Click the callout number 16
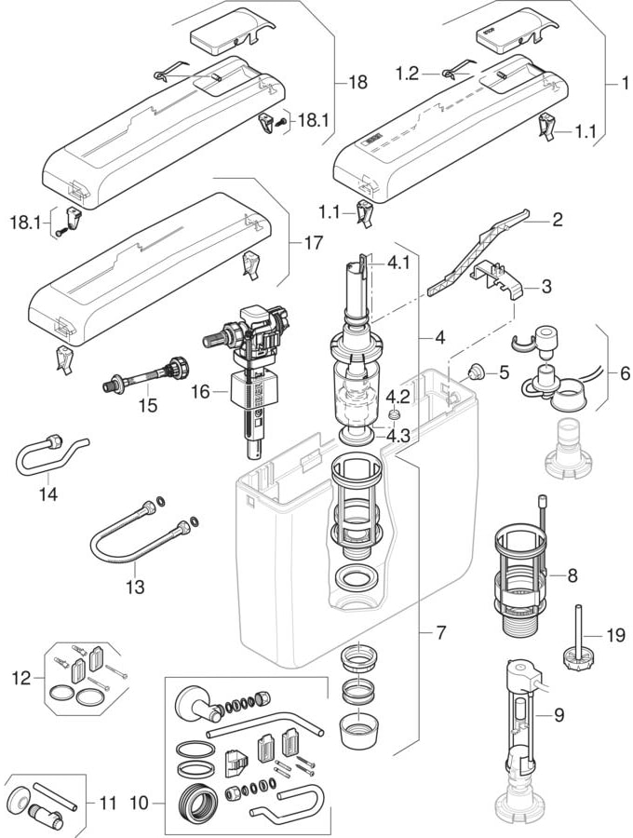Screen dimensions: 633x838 (x=201, y=392)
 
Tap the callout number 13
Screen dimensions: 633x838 (x=135, y=587)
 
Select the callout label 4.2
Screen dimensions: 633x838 (x=397, y=397)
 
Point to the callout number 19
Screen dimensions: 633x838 (x=615, y=635)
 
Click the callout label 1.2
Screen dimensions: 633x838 (x=407, y=74)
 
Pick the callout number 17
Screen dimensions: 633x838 (x=314, y=243)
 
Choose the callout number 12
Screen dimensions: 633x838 (x=22, y=678)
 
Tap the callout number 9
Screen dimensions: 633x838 (x=559, y=714)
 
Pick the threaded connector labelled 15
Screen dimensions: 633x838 (x=146, y=374)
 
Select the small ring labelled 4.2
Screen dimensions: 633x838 (x=394, y=415)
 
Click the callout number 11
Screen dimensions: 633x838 (x=107, y=803)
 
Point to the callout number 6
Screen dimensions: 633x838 (x=625, y=373)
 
